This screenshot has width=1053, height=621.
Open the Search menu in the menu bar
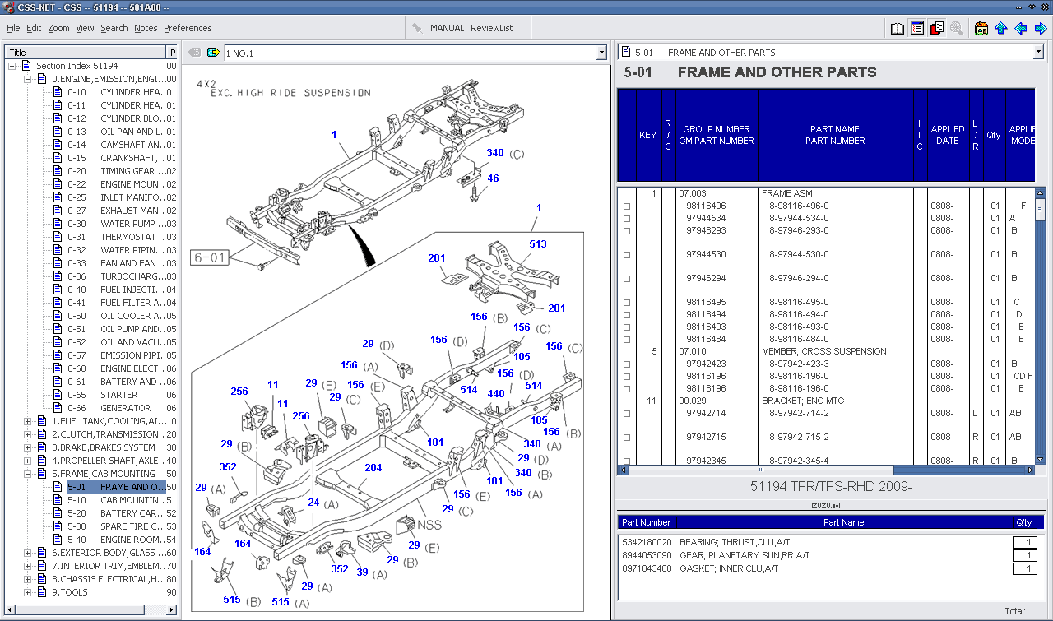point(114,28)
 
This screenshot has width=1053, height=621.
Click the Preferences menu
point(188,28)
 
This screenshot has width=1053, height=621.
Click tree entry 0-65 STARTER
point(119,395)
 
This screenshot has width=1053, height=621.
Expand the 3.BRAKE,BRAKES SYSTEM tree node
point(28,447)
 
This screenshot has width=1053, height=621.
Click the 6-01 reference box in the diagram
point(209,258)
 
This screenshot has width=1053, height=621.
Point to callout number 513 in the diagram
point(538,244)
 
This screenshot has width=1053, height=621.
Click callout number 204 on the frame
point(373,468)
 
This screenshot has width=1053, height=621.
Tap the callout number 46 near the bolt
point(493,178)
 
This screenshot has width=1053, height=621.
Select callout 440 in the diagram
point(496,394)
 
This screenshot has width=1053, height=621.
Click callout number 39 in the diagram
point(362,572)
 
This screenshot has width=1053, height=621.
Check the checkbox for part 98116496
point(627,206)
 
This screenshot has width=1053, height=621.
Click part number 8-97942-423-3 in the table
point(799,364)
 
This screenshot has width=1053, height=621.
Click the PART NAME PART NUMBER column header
point(835,135)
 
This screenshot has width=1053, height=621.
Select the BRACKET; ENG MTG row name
point(802,401)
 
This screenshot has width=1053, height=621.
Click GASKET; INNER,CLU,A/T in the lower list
point(729,569)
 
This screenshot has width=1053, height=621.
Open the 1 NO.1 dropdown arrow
point(601,53)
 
